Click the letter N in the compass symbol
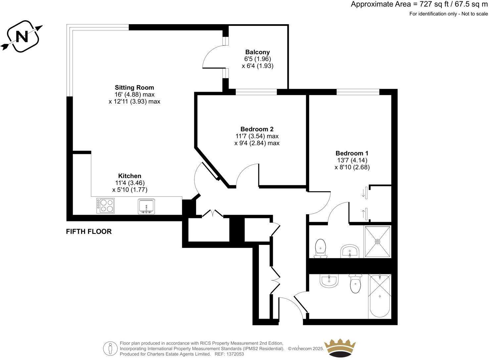(x=23, y=36)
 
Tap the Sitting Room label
(x=134, y=88)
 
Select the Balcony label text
(x=257, y=52)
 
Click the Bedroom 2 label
(x=257, y=129)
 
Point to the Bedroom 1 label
(x=352, y=153)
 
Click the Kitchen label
(x=129, y=176)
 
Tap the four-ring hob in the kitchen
(x=106, y=205)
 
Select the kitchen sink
(x=146, y=206)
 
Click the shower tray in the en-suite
(x=377, y=242)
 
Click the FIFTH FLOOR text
(x=89, y=232)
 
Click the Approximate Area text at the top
(x=419, y=4)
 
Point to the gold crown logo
(x=340, y=348)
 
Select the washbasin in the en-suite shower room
(x=350, y=251)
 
